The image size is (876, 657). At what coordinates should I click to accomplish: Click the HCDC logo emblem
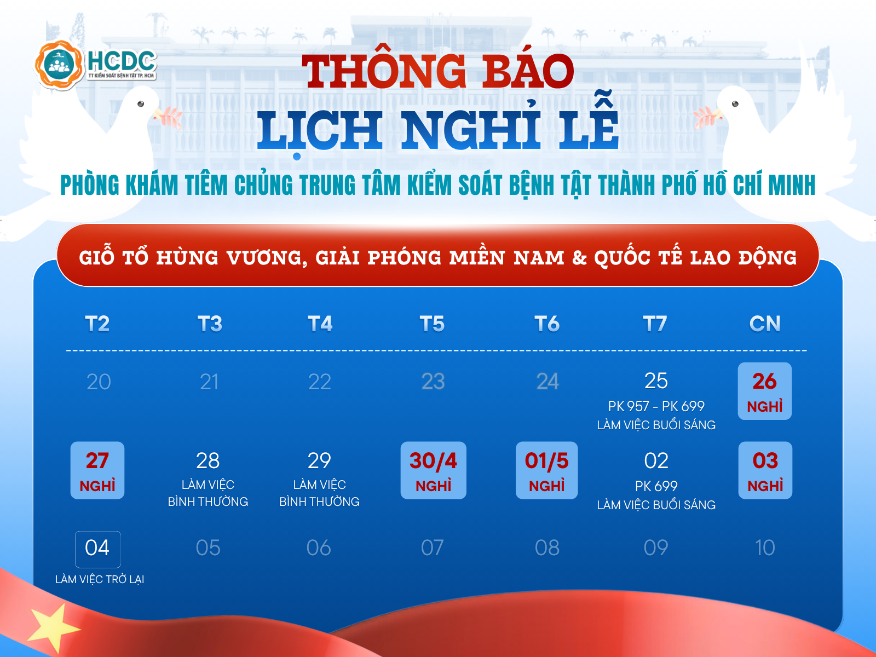click(x=60, y=65)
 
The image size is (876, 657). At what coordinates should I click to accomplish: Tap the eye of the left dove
click(x=141, y=103)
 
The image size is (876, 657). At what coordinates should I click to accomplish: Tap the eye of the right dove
click(x=735, y=103)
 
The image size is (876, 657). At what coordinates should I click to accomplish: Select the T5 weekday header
click(x=432, y=324)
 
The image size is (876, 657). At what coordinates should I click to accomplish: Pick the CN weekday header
click(x=765, y=324)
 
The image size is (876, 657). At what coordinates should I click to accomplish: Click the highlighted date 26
click(x=765, y=381)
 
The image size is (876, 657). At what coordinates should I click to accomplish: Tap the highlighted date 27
click(x=97, y=461)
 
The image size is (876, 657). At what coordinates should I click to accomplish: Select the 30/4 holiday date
click(x=433, y=461)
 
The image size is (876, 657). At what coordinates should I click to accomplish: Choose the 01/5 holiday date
click(x=547, y=461)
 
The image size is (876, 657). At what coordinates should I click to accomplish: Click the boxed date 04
click(x=97, y=547)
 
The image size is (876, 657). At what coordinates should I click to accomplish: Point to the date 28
click(x=208, y=461)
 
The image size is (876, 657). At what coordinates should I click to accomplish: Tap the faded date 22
click(x=320, y=382)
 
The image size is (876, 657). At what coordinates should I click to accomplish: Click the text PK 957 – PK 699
click(x=656, y=406)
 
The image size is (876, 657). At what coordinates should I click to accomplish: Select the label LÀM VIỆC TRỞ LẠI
click(x=100, y=579)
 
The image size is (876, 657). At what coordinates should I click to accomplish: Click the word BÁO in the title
click(x=528, y=71)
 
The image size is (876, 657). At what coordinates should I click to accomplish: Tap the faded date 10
click(x=765, y=547)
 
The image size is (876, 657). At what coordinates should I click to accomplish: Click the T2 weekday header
click(x=97, y=324)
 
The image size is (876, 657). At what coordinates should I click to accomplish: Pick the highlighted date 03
click(x=765, y=461)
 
